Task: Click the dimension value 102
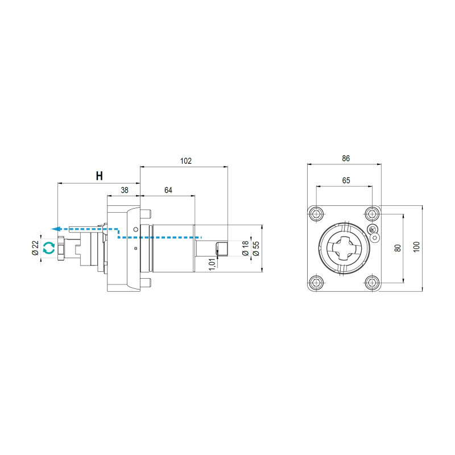pos(185,161)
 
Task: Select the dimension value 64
pos(168,190)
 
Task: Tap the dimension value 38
pos(124,190)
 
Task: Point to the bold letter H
pos(99,176)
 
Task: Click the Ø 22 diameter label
pos(35,247)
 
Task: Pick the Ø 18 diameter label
pos(245,249)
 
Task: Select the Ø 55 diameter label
pos(256,249)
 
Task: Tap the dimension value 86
pos(345,159)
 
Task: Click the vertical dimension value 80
pos(398,247)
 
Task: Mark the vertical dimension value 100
pos(417,247)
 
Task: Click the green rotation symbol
pos(49,247)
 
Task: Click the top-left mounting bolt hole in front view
pos(316,214)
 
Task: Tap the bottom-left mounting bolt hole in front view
pos(316,282)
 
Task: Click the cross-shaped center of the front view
pos(344,249)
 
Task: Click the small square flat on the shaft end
pos(222,249)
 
